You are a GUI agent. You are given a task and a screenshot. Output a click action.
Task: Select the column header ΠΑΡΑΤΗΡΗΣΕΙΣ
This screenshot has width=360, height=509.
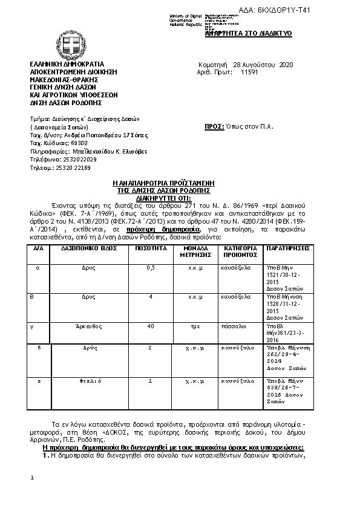(287, 248)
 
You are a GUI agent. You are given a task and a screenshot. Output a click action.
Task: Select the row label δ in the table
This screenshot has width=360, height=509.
(39, 349)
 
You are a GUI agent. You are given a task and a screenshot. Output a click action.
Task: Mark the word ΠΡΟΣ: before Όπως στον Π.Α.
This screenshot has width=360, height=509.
(214, 127)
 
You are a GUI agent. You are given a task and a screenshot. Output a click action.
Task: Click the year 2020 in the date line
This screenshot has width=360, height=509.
(285, 64)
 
